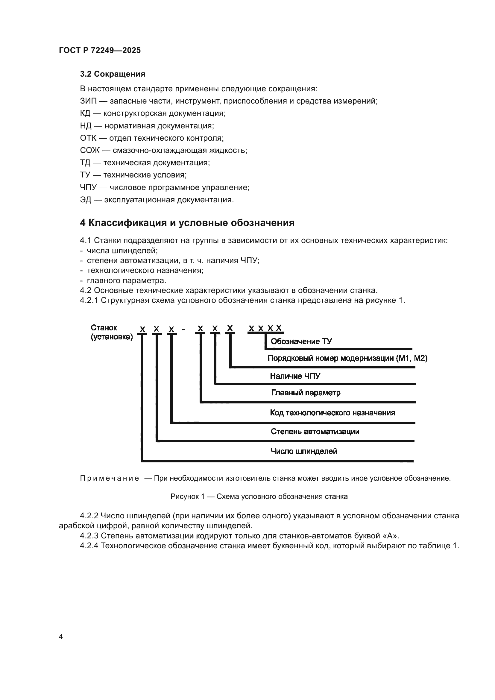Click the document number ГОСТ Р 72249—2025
click(x=100, y=50)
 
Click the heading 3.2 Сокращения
click(x=113, y=74)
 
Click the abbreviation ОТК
click(x=88, y=138)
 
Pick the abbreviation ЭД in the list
click(x=86, y=200)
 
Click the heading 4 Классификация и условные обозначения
click(x=187, y=223)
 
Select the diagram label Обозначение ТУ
click(x=301, y=341)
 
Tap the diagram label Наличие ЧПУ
click(x=295, y=376)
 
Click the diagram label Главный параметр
click(x=306, y=393)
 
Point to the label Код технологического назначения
click(x=332, y=413)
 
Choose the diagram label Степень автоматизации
click(x=315, y=432)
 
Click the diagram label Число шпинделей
click(x=304, y=451)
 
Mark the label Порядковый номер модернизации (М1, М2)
click(x=347, y=358)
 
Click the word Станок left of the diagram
click(x=104, y=328)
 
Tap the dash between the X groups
click(x=183, y=329)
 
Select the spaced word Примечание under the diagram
click(x=110, y=478)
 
